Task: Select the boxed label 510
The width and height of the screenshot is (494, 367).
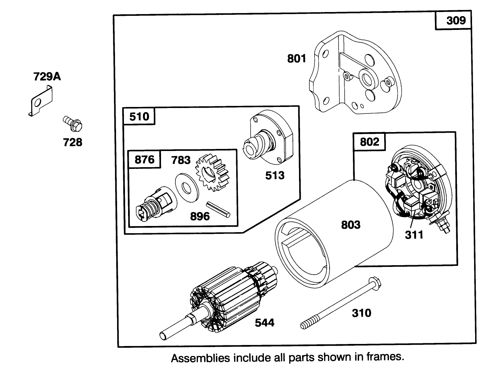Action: click(139, 116)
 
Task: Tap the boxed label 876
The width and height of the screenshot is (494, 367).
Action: click(145, 160)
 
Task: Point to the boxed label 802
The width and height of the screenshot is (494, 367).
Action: click(369, 142)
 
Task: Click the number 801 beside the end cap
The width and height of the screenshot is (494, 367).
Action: click(296, 59)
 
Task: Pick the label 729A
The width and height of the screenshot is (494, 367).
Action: click(47, 76)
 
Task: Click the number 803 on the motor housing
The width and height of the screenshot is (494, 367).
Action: click(351, 225)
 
